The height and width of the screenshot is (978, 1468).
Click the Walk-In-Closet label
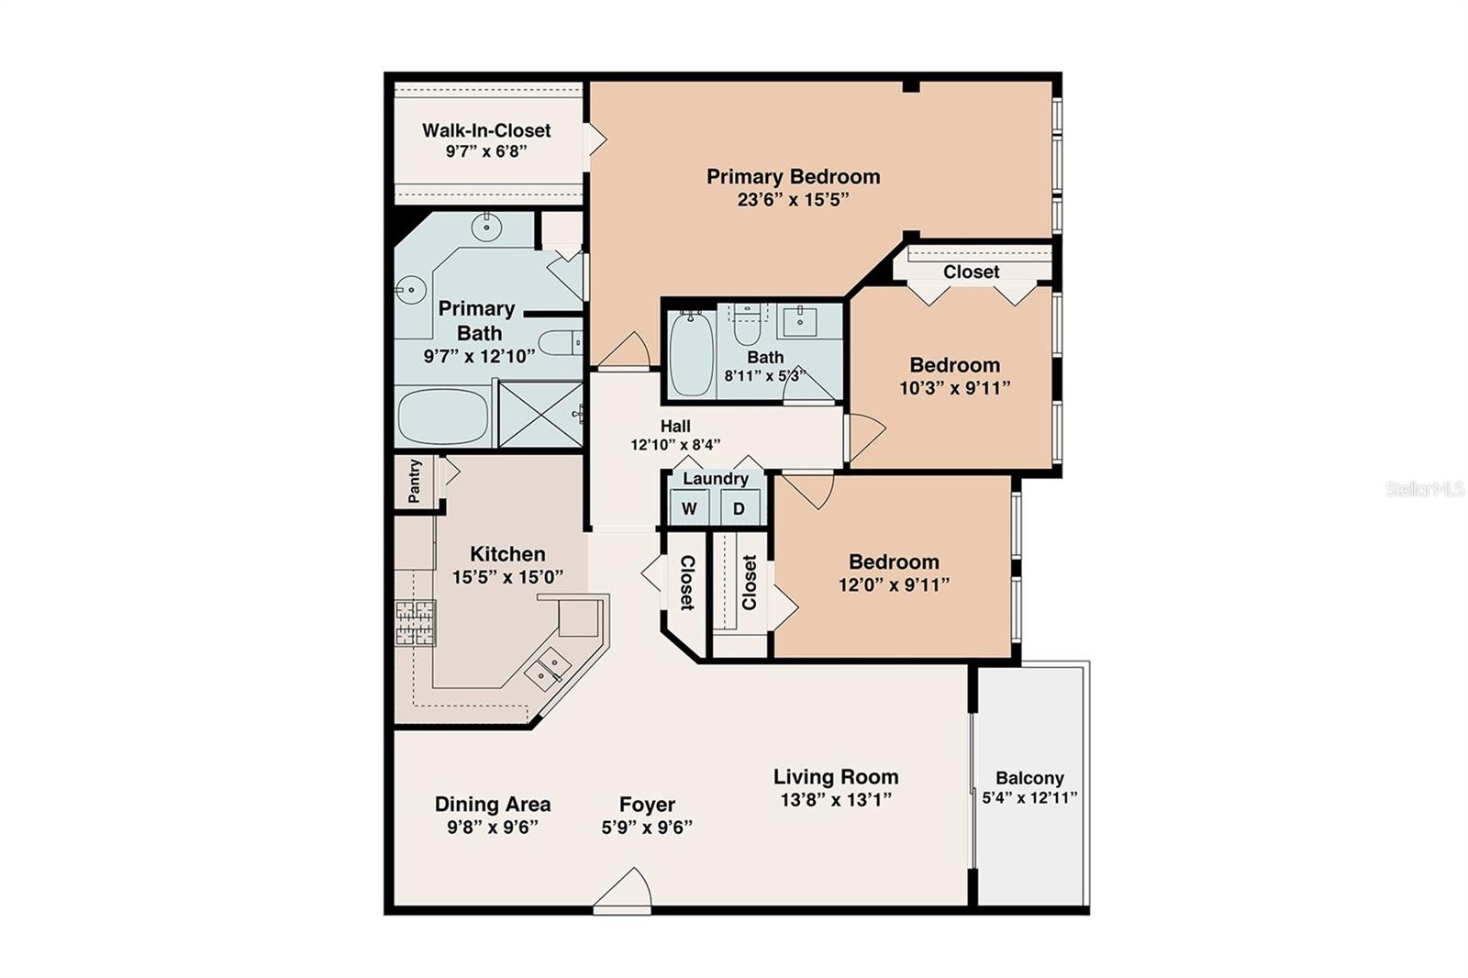(486, 130)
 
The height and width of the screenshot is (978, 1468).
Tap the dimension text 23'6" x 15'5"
(793, 199)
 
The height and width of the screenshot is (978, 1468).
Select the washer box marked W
(689, 508)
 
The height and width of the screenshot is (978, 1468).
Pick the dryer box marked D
(740, 508)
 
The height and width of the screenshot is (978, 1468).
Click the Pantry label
(414, 481)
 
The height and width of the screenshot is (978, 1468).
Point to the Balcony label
(1029, 778)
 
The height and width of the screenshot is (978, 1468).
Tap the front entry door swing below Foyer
(622, 890)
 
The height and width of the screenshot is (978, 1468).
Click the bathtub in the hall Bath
(691, 353)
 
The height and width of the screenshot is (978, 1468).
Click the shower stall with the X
(540, 415)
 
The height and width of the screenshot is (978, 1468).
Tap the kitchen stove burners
(415, 623)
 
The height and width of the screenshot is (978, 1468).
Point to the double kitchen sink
(548, 669)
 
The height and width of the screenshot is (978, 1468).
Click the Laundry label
(715, 479)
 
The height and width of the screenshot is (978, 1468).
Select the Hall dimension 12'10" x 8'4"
(675, 445)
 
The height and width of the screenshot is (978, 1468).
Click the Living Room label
(836, 777)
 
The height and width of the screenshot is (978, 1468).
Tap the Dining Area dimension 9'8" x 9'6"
(492, 828)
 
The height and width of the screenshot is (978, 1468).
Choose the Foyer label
(647, 805)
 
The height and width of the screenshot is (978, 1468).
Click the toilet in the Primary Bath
(561, 343)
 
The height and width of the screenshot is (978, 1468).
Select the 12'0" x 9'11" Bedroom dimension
(894, 584)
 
